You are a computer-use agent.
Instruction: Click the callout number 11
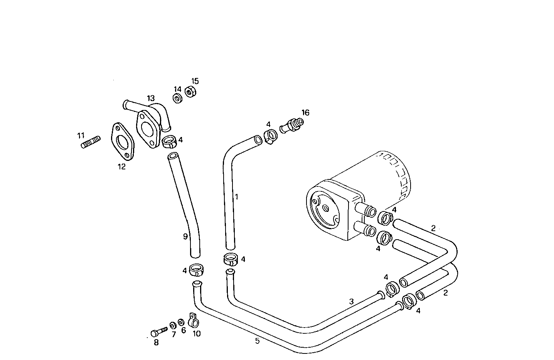(x=81, y=135)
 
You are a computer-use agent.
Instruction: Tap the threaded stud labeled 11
(x=91, y=142)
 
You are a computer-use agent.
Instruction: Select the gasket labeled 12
(x=122, y=142)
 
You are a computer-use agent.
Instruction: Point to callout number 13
(x=150, y=98)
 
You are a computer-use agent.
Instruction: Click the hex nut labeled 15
(x=190, y=93)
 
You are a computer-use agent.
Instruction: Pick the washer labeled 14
(x=177, y=99)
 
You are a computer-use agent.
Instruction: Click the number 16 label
(x=305, y=113)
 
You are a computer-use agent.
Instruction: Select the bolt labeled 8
(x=158, y=332)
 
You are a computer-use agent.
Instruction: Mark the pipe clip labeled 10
(x=194, y=320)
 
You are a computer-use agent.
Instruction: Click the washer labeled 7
(x=173, y=325)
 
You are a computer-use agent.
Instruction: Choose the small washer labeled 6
(x=181, y=322)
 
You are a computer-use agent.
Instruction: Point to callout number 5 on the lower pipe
(x=257, y=341)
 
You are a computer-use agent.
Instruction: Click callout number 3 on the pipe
(x=351, y=301)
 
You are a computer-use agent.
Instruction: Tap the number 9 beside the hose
(x=185, y=236)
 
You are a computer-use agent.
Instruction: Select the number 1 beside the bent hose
(x=237, y=197)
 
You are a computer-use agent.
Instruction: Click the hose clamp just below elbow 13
(x=169, y=142)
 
